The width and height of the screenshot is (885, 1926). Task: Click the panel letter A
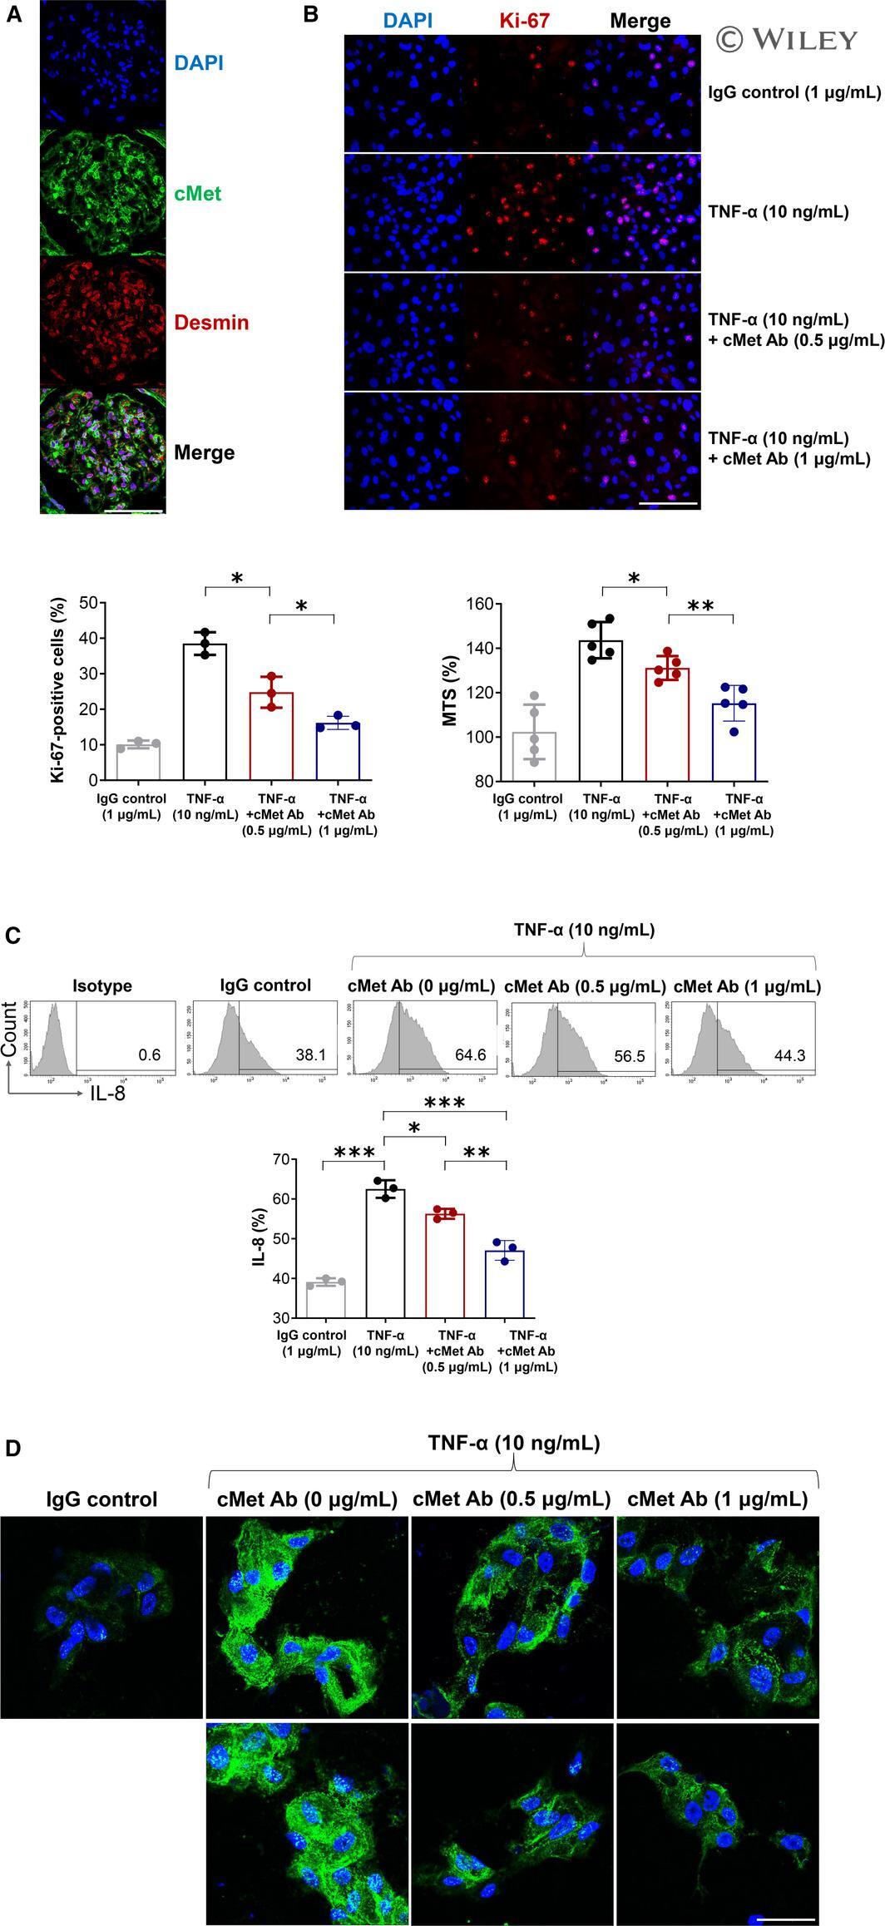tap(13, 17)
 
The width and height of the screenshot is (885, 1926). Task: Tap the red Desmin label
tap(211, 323)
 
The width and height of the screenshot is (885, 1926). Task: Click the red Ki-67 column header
tap(527, 21)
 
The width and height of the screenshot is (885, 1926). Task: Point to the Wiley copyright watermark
tap(786, 39)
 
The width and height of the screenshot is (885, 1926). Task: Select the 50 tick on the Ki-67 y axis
tap(86, 602)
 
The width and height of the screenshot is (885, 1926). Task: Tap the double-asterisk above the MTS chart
tap(701, 608)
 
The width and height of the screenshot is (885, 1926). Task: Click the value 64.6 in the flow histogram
tap(470, 1055)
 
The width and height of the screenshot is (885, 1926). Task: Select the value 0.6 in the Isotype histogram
tap(150, 1055)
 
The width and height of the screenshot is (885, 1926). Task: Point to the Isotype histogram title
tap(101, 985)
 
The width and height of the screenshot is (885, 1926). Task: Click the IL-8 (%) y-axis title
tap(259, 1238)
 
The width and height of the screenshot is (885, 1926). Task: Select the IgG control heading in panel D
tap(101, 1499)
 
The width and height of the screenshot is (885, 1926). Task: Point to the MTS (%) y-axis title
tap(452, 692)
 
